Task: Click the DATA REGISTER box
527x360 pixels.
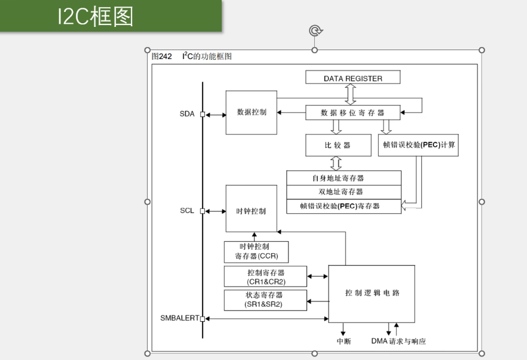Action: (353, 78)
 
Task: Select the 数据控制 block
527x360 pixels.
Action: (252, 112)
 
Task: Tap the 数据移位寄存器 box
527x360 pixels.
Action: (353, 112)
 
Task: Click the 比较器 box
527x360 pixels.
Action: (338, 145)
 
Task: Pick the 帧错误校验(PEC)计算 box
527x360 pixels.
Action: (418, 145)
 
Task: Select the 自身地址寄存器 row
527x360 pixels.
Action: (344, 178)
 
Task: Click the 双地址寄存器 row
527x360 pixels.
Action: (344, 192)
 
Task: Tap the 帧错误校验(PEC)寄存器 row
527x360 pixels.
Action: (344, 207)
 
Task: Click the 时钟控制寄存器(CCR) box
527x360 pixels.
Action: (256, 252)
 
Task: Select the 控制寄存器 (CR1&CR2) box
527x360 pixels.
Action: (265, 276)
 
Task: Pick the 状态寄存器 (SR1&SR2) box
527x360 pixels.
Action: (265, 300)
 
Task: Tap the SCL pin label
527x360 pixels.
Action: (187, 211)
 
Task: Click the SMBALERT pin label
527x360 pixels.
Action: (179, 318)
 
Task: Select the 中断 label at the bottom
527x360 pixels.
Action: (344, 341)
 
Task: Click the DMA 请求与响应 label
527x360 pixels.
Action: (399, 341)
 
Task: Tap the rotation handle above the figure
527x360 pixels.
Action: (314, 30)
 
